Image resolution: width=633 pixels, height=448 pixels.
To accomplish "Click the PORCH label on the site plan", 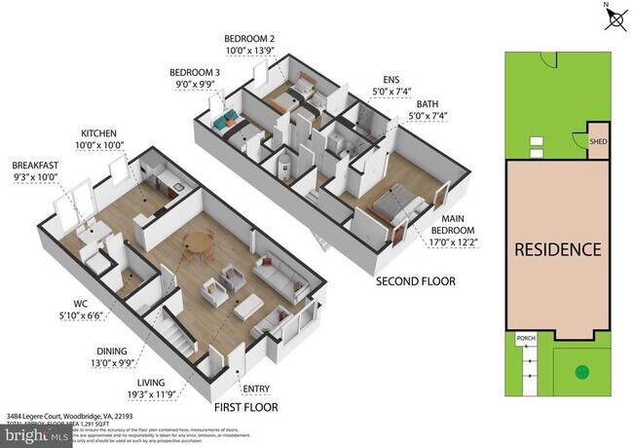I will point(526,340).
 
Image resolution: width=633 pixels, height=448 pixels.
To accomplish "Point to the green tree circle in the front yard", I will point(582,370).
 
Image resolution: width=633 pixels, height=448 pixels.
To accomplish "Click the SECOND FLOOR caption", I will point(416,281).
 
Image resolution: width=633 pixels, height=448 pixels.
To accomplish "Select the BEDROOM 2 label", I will point(249,39).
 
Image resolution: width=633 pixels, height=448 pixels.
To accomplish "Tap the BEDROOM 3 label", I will point(195,73).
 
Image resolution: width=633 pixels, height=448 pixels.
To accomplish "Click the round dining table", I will point(199,241).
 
